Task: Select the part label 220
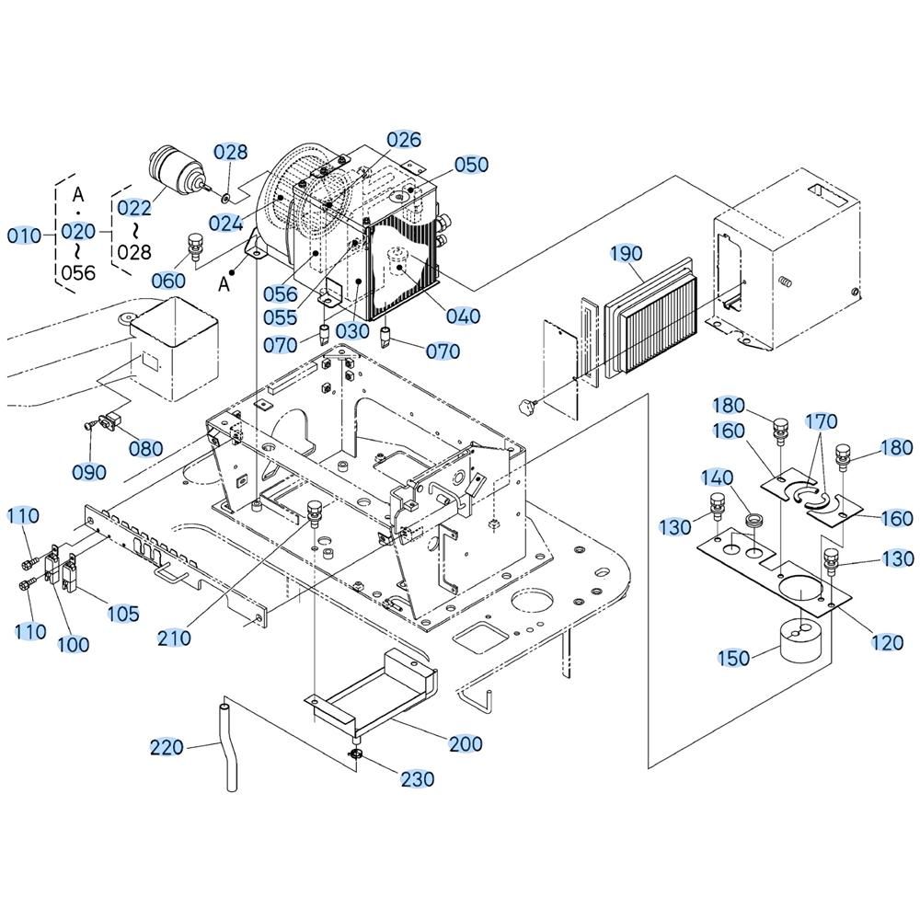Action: pos(167,747)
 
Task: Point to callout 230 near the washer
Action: pos(417,779)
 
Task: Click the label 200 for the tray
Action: pos(464,743)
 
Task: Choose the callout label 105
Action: pos(121,613)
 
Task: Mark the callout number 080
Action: pos(145,449)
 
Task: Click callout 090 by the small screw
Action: pos(89,472)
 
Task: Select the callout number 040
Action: pos(463,316)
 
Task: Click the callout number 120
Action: pos(887,643)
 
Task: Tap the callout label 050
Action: pos(472,165)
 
